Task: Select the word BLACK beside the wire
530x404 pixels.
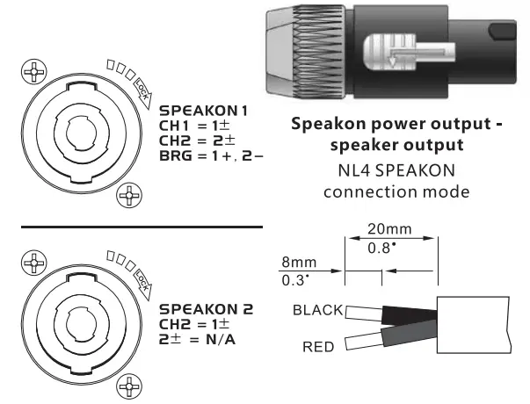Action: (x=319, y=310)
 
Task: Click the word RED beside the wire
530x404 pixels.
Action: (x=317, y=347)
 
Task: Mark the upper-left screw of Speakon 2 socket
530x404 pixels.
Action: (x=35, y=262)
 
